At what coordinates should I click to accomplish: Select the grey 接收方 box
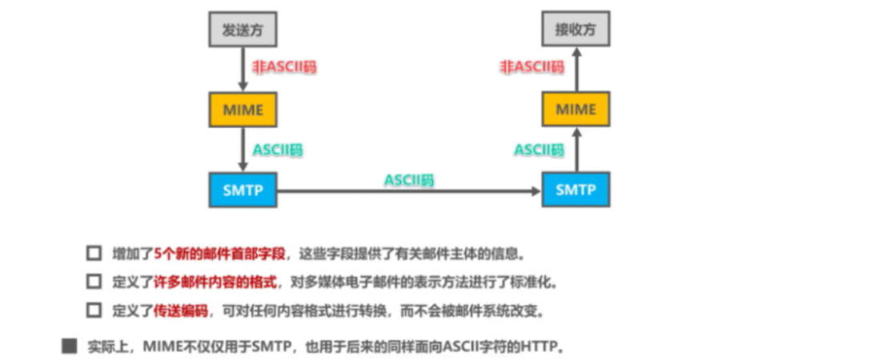point(575,30)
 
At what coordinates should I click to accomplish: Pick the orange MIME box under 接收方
point(575,110)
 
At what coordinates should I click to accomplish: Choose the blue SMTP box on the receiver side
point(575,190)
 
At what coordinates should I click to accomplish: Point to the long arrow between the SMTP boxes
point(408,191)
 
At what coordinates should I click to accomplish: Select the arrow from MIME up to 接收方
point(575,69)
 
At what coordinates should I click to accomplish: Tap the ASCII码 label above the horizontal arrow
point(408,180)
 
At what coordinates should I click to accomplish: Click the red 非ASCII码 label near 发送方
point(284,67)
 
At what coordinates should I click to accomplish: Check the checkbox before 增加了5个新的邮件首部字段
point(94,254)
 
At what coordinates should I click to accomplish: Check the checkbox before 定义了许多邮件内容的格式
point(94,282)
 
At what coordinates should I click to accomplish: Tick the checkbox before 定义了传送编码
point(94,309)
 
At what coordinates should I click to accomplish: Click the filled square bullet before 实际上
point(70,346)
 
